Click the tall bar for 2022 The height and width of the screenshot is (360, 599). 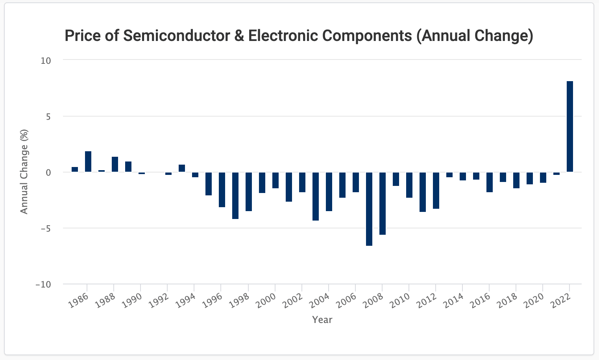[569, 126]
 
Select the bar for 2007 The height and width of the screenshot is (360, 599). [369, 209]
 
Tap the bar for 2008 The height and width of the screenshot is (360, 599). [383, 203]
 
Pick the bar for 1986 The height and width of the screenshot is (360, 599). [88, 161]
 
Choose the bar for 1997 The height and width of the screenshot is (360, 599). [235, 195]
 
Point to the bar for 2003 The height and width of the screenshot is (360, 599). [316, 196]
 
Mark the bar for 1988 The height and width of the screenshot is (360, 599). [115, 164]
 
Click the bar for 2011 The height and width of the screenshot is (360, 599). [423, 192]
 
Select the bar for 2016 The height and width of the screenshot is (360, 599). [489, 182]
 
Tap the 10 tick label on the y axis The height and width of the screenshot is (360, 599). [46, 61]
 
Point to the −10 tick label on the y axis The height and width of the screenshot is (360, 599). [43, 284]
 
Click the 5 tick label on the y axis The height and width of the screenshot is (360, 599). [48, 117]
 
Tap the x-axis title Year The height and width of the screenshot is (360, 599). [322, 319]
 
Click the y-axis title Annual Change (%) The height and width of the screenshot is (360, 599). [24, 172]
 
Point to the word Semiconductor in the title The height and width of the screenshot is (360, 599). [176, 35]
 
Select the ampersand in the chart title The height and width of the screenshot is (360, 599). [239, 35]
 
